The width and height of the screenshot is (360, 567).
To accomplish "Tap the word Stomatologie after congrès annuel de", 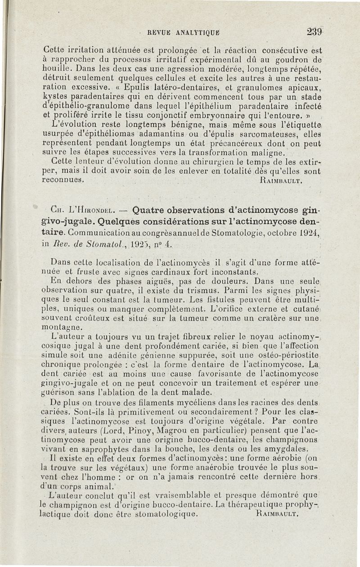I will (x=237, y=233).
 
